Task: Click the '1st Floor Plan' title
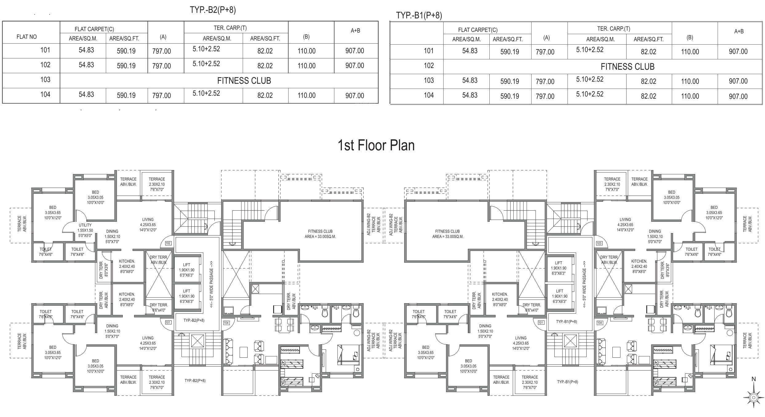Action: point(376,145)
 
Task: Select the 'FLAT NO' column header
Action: point(26,37)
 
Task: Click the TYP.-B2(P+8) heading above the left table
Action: point(213,10)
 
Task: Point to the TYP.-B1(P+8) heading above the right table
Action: point(419,15)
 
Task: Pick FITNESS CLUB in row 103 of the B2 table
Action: point(244,81)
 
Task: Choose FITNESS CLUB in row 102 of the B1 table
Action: point(628,67)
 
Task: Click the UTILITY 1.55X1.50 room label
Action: point(85,228)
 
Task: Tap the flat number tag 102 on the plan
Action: point(168,243)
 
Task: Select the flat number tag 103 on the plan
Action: point(599,243)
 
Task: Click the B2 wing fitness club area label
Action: point(320,234)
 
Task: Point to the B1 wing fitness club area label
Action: point(448,234)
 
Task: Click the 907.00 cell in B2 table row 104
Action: point(355,96)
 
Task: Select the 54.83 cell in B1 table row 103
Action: point(470,81)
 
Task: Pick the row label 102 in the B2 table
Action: point(45,65)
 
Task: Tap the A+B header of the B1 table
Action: point(739,31)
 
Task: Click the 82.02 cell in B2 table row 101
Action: point(265,51)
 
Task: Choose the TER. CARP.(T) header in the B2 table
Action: point(230,28)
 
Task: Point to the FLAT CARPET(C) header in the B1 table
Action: point(478,30)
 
